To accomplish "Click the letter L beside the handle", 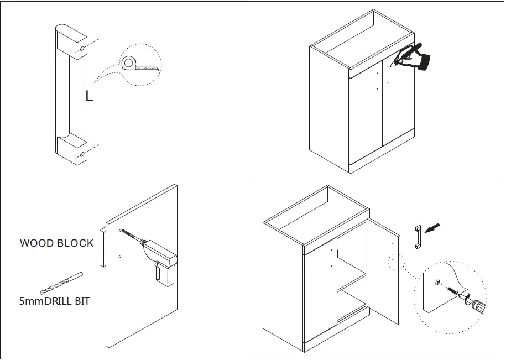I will [x=89, y=96].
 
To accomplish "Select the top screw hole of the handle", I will [x=82, y=49].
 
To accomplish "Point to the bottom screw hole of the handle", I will [x=82, y=154].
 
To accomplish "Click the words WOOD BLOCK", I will [x=56, y=243].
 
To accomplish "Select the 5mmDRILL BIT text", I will [x=54, y=301].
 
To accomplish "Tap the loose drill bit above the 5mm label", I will [x=61, y=283].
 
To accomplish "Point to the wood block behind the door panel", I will [x=102, y=247].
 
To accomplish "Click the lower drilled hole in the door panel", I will [x=120, y=257].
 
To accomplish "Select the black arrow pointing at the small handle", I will [x=435, y=227].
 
